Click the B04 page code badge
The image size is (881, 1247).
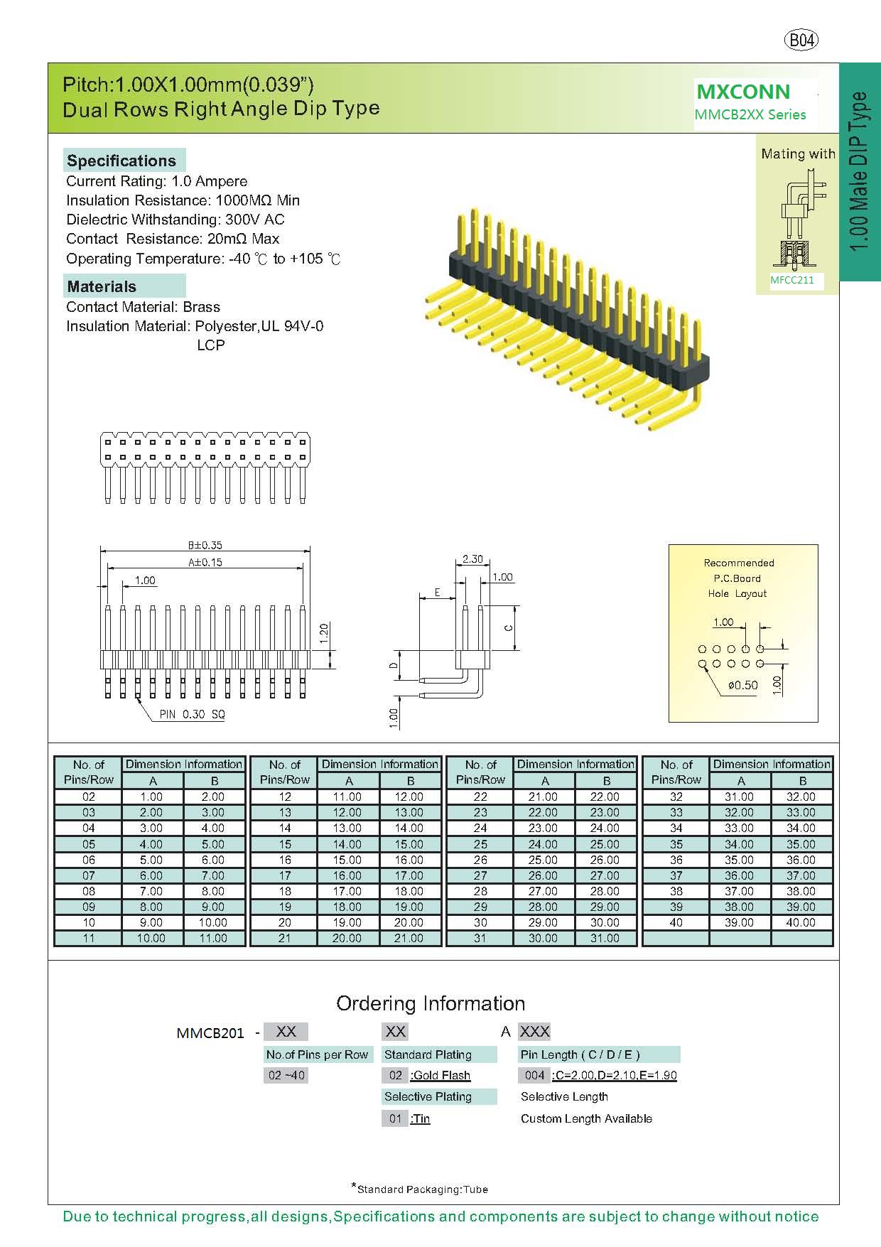pos(801,41)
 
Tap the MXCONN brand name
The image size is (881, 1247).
pos(742,92)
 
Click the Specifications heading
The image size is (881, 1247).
pos(121,161)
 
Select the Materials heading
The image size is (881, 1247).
pos(102,287)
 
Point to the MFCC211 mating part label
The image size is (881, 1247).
pos(792,280)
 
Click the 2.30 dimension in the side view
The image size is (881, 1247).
pos(472,559)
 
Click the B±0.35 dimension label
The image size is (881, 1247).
pos(205,545)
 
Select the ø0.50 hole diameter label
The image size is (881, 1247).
pos(742,685)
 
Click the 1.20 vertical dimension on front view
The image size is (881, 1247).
pos(324,632)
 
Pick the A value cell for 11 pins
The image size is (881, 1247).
pos(151,938)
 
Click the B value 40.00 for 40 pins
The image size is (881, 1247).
pos(801,922)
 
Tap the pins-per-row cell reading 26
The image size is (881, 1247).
pos(480,860)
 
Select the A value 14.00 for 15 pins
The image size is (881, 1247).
pos(347,844)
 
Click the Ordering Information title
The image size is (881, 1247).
pos(431,1003)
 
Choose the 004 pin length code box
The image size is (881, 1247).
pos(534,1075)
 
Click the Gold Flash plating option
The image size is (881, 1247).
pos(440,1075)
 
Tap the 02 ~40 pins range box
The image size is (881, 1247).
pos(286,1075)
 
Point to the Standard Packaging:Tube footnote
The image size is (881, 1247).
pos(421,1189)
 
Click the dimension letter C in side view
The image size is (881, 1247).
pos(507,627)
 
